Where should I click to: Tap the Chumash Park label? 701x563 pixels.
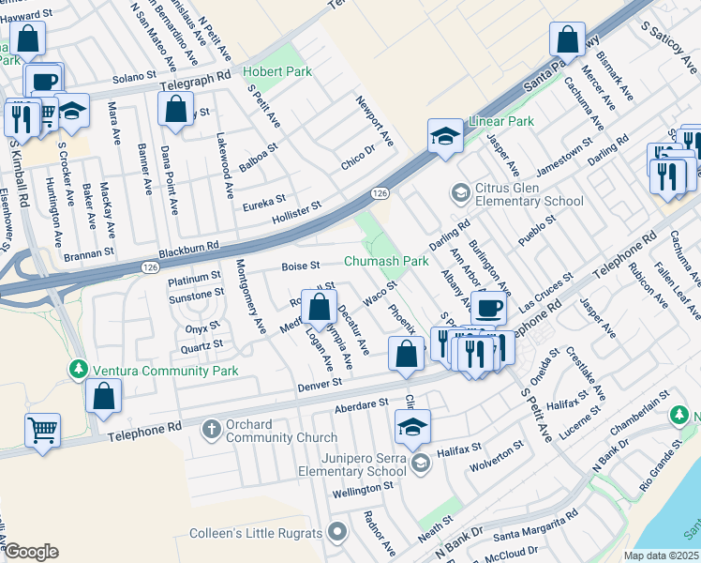click(x=386, y=260)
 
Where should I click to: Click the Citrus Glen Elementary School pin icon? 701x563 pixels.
click(x=460, y=193)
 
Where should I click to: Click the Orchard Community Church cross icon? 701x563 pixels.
click(x=212, y=430)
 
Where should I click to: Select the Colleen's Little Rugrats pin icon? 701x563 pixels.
click(x=337, y=533)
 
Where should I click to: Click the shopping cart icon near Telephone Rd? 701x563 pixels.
click(x=42, y=432)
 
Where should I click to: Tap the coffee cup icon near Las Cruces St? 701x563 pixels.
click(x=488, y=308)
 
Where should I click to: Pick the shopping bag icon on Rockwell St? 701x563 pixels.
click(x=319, y=306)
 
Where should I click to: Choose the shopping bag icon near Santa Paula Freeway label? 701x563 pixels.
click(x=567, y=40)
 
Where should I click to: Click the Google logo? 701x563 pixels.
click(x=31, y=552)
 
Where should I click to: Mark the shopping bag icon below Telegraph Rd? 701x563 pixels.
click(x=176, y=108)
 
